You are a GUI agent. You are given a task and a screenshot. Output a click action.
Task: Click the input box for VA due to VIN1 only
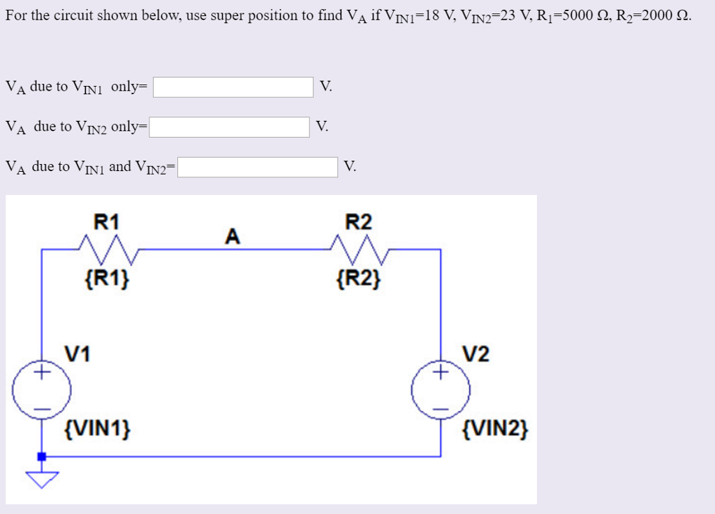click(233, 87)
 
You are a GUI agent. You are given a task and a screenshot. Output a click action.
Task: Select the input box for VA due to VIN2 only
click(229, 127)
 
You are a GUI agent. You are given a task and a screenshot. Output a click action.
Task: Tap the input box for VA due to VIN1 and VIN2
click(258, 168)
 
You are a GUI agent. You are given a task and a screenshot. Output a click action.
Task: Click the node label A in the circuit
click(233, 237)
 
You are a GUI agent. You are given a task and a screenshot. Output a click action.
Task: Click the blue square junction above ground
click(42, 457)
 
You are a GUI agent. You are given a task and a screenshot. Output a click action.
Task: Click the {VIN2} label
click(496, 427)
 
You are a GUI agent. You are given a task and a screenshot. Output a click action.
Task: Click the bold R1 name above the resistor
click(107, 223)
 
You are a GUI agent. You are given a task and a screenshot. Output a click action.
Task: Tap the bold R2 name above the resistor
click(359, 223)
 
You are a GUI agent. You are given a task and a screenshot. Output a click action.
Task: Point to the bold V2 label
click(476, 353)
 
